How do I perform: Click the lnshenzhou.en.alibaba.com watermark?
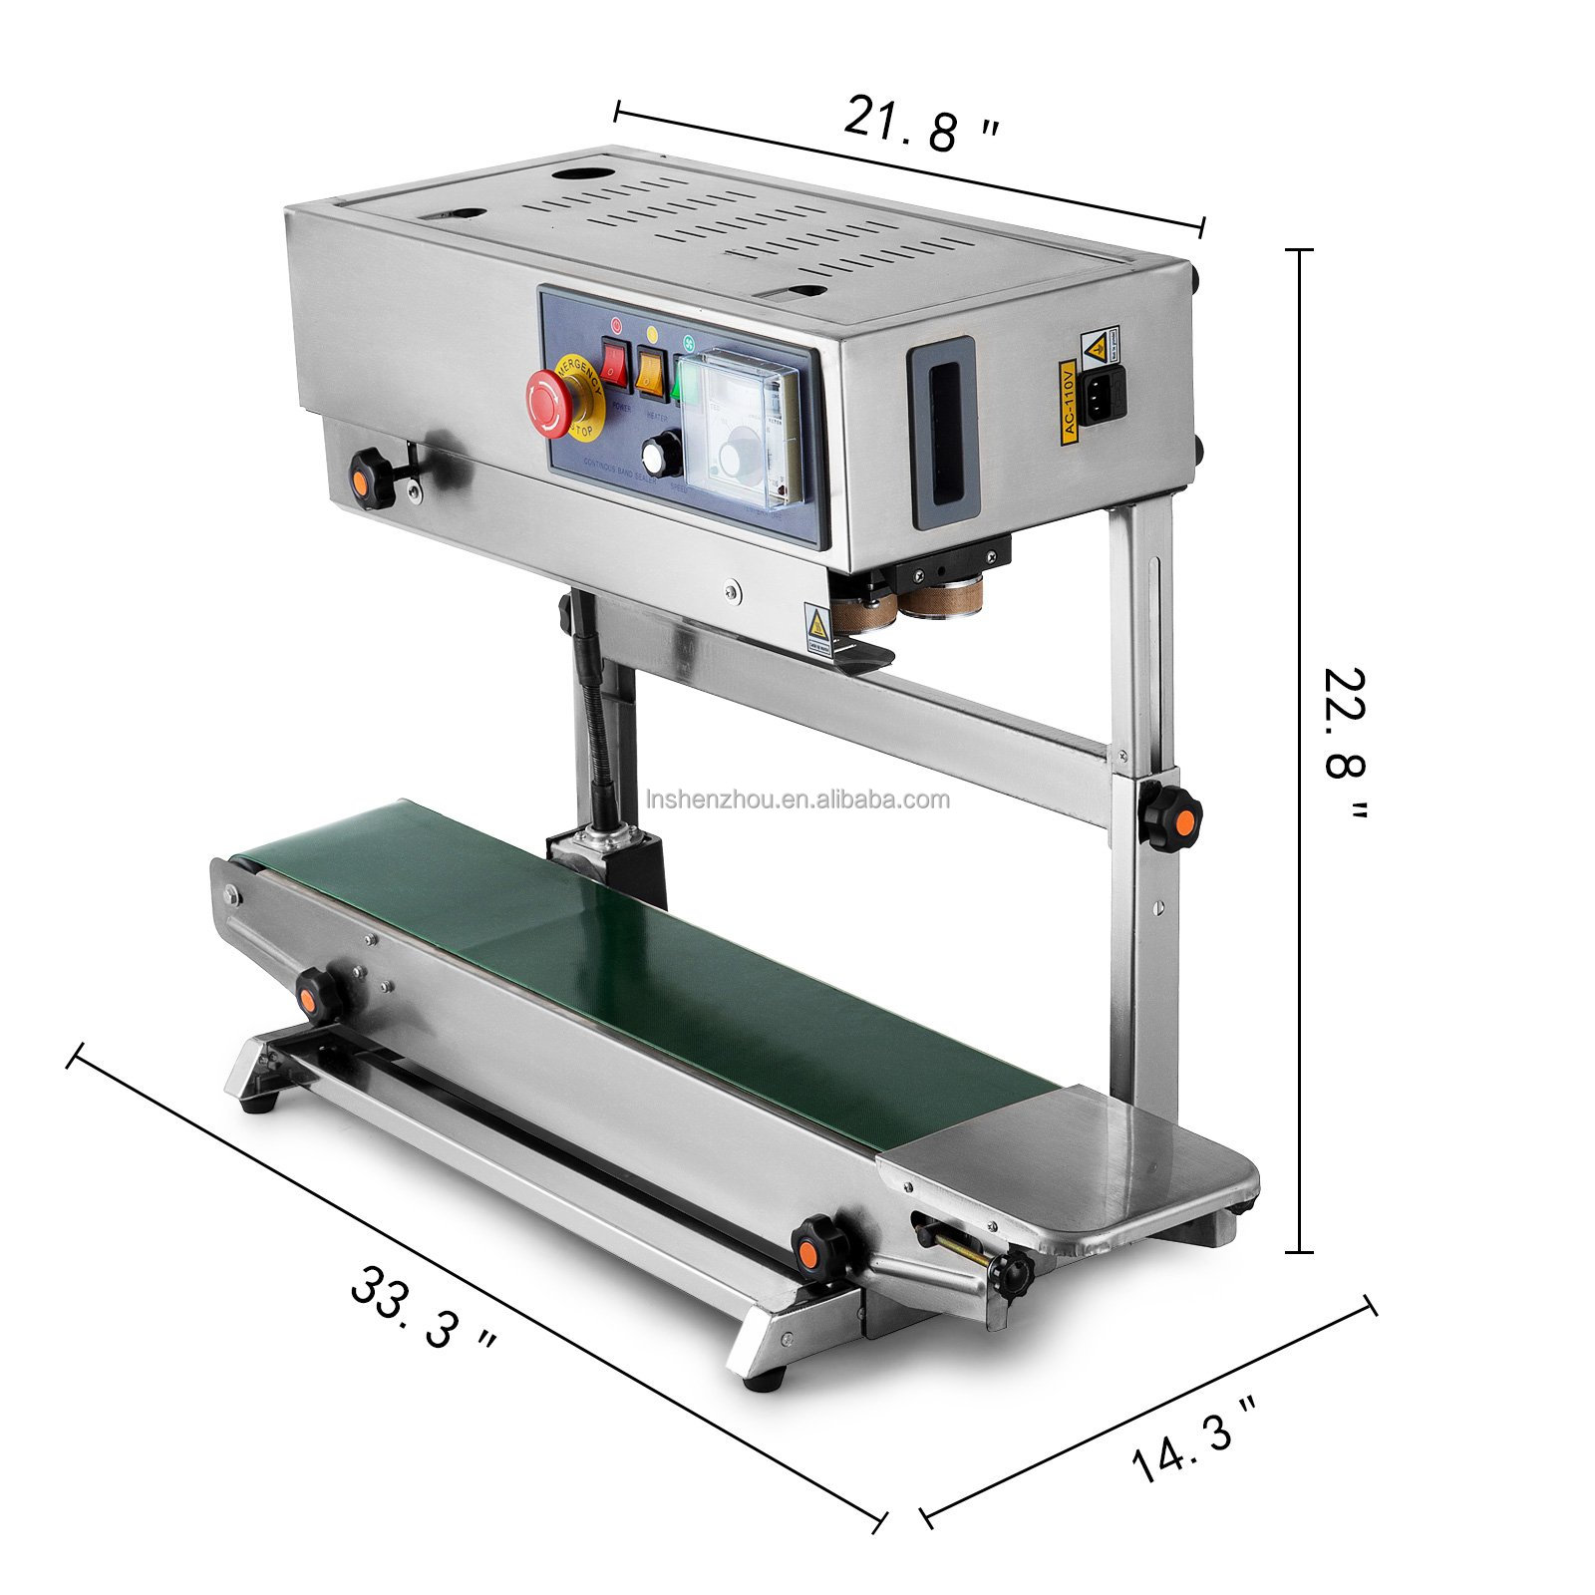(797, 799)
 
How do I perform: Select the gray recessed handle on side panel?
(942, 432)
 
